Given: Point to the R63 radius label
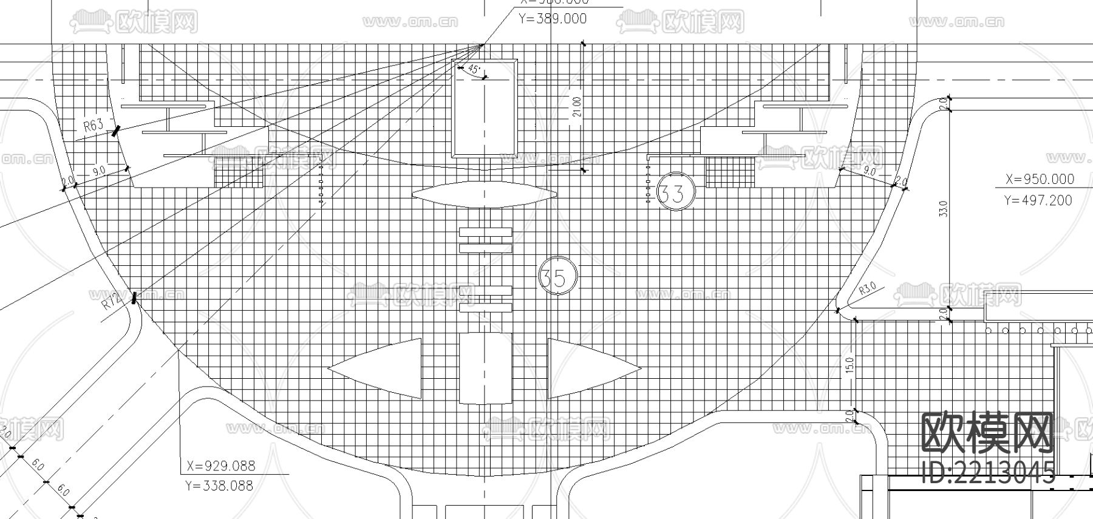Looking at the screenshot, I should pyautogui.click(x=93, y=126).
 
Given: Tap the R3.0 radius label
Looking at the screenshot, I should pyautogui.click(x=867, y=289).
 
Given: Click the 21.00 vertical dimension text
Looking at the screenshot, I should pyautogui.click(x=577, y=107).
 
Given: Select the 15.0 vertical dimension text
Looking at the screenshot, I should pyautogui.click(x=849, y=365).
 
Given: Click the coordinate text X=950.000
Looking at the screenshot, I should pyautogui.click(x=1040, y=179).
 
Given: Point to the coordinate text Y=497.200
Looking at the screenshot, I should pyautogui.click(x=1038, y=200).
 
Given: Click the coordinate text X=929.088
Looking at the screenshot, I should pyautogui.click(x=221, y=466).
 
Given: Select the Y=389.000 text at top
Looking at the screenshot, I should pyautogui.click(x=553, y=19).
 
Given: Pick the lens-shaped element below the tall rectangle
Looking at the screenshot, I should pyautogui.click(x=484, y=195).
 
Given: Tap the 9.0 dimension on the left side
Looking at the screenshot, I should pyautogui.click(x=98, y=172).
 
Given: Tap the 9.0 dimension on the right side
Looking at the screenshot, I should pyautogui.click(x=870, y=172).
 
